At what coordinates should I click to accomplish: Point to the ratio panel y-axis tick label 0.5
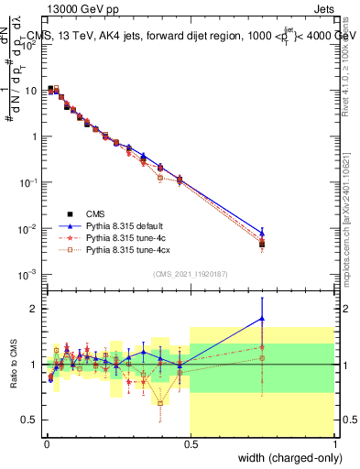coord(29,420)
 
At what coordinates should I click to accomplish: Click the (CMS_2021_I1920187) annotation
coord(190,274)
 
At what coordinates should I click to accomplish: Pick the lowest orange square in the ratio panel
coord(160,403)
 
